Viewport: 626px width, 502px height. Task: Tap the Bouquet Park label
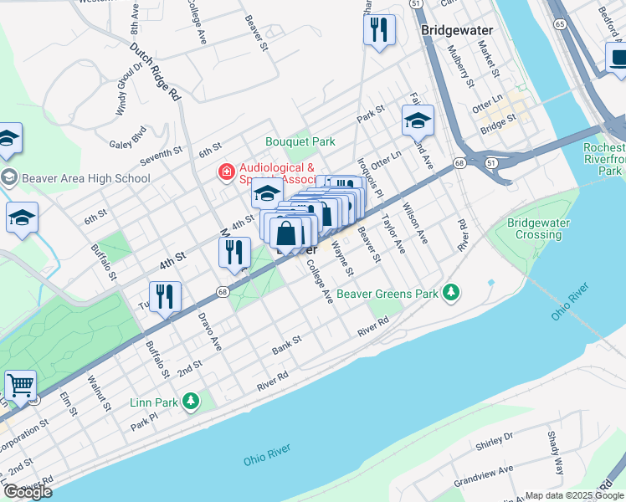(x=300, y=141)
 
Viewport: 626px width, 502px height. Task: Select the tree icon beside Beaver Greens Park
(x=452, y=292)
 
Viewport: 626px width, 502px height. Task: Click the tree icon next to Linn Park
(x=191, y=402)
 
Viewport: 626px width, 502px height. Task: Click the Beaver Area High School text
(x=86, y=177)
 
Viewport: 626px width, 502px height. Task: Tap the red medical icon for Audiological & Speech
(x=225, y=173)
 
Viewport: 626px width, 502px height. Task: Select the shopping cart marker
(x=20, y=386)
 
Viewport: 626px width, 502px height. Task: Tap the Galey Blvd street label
(x=127, y=136)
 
